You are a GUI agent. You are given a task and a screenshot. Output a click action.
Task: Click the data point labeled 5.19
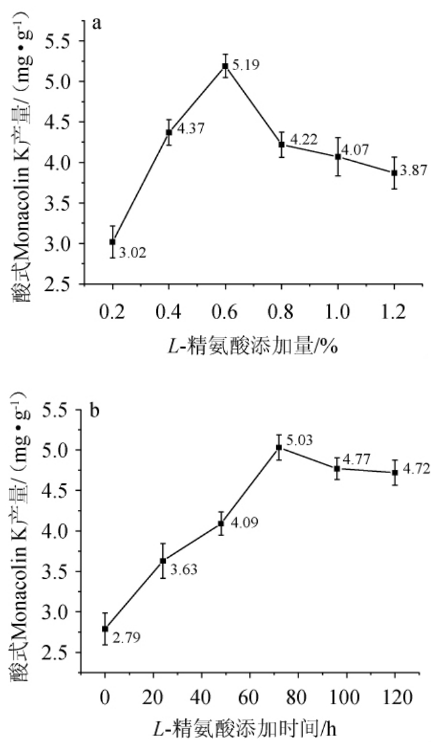pyautogui.click(x=225, y=66)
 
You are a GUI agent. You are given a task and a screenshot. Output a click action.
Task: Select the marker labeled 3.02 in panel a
pyautogui.click(x=113, y=242)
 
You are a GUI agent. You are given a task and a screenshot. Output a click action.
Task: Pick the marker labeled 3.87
pyautogui.click(x=394, y=173)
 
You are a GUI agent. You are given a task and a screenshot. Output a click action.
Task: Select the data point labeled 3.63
pyautogui.click(x=163, y=561)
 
